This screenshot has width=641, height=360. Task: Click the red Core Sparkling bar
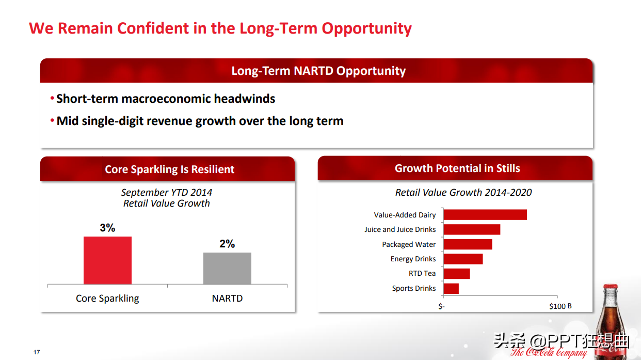coord(107,260)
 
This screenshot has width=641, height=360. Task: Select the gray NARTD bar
coord(227,268)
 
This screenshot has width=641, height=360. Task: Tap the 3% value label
coord(107,228)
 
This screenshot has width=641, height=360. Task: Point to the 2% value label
coord(227,244)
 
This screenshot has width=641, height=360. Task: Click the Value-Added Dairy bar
coord(485,214)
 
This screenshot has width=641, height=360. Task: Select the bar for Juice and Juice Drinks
coord(472,229)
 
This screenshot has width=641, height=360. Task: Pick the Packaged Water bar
coord(468,244)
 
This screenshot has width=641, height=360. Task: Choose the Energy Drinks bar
coord(463,259)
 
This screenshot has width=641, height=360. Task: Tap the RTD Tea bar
coord(457,274)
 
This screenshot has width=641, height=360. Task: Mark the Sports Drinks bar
coord(451,288)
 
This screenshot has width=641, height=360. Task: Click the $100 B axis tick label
coord(560,306)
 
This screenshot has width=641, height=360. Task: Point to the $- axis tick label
coord(441,306)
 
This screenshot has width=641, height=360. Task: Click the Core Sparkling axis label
coord(107,299)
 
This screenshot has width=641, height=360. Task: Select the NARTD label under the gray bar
coord(227,299)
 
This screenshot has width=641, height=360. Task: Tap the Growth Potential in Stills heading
coord(457,168)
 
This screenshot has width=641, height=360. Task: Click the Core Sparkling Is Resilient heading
coord(169,169)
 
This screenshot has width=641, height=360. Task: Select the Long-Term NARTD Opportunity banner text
coord(318,71)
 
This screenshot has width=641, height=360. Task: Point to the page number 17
coord(37,352)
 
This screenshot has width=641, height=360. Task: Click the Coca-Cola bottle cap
coord(611,287)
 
